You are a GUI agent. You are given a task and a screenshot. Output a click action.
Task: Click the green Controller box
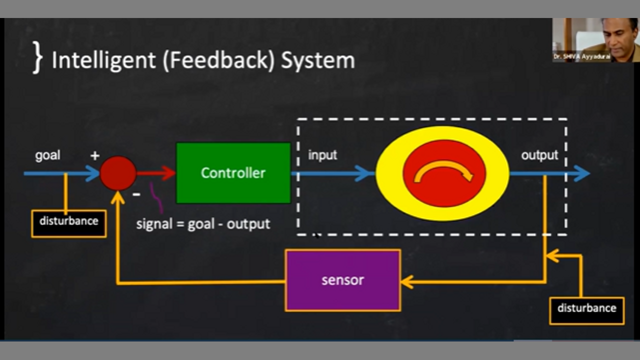click(233, 173)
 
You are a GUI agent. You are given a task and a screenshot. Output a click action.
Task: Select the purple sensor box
click(342, 280)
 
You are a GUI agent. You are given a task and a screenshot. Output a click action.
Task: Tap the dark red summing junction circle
click(118, 173)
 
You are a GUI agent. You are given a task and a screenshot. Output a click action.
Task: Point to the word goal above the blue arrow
click(47, 155)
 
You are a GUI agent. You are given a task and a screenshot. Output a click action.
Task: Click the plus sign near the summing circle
click(95, 156)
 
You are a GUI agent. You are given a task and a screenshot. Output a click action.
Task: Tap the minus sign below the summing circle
click(136, 194)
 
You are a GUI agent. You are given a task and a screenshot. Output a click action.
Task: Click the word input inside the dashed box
click(322, 155)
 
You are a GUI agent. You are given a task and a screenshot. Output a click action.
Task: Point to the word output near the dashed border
click(539, 155)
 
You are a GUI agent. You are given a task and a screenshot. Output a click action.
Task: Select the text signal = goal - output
click(203, 223)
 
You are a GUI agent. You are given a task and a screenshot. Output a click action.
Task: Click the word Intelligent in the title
click(103, 60)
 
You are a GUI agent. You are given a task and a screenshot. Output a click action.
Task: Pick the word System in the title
click(317, 60)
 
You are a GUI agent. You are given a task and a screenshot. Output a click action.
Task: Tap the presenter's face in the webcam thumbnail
click(619, 35)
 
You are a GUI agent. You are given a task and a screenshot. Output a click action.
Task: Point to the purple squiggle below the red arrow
click(156, 198)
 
